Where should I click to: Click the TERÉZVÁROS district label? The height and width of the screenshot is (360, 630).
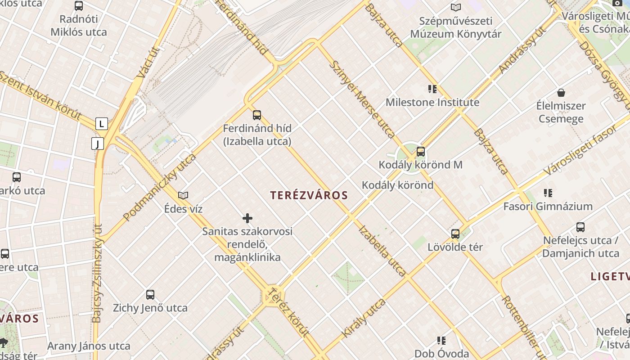click(309, 195)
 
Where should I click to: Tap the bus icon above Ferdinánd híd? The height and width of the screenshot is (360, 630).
click(257, 115)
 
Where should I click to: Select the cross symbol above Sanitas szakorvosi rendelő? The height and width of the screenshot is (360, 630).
click(247, 218)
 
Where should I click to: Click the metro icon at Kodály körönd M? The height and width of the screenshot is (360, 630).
click(421, 152)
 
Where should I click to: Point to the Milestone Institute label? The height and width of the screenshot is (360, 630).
click(432, 103)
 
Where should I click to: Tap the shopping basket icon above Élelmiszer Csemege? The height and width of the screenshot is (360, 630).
click(561, 93)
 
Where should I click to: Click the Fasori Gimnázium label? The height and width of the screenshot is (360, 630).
click(548, 207)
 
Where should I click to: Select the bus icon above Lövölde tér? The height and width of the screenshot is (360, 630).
click(455, 234)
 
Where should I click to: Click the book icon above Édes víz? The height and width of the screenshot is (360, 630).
click(183, 195)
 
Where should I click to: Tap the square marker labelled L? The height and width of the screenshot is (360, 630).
click(102, 123)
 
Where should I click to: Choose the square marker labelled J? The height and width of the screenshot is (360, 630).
click(97, 144)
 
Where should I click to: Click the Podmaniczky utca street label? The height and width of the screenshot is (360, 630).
click(160, 187)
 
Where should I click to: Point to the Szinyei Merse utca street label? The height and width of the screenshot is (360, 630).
click(362, 99)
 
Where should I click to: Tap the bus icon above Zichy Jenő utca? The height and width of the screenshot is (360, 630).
click(150, 295)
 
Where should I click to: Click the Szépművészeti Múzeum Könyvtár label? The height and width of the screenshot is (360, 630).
click(455, 27)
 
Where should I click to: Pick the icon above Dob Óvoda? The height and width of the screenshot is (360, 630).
click(441, 341)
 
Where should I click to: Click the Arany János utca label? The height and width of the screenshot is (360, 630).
click(89, 346)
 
